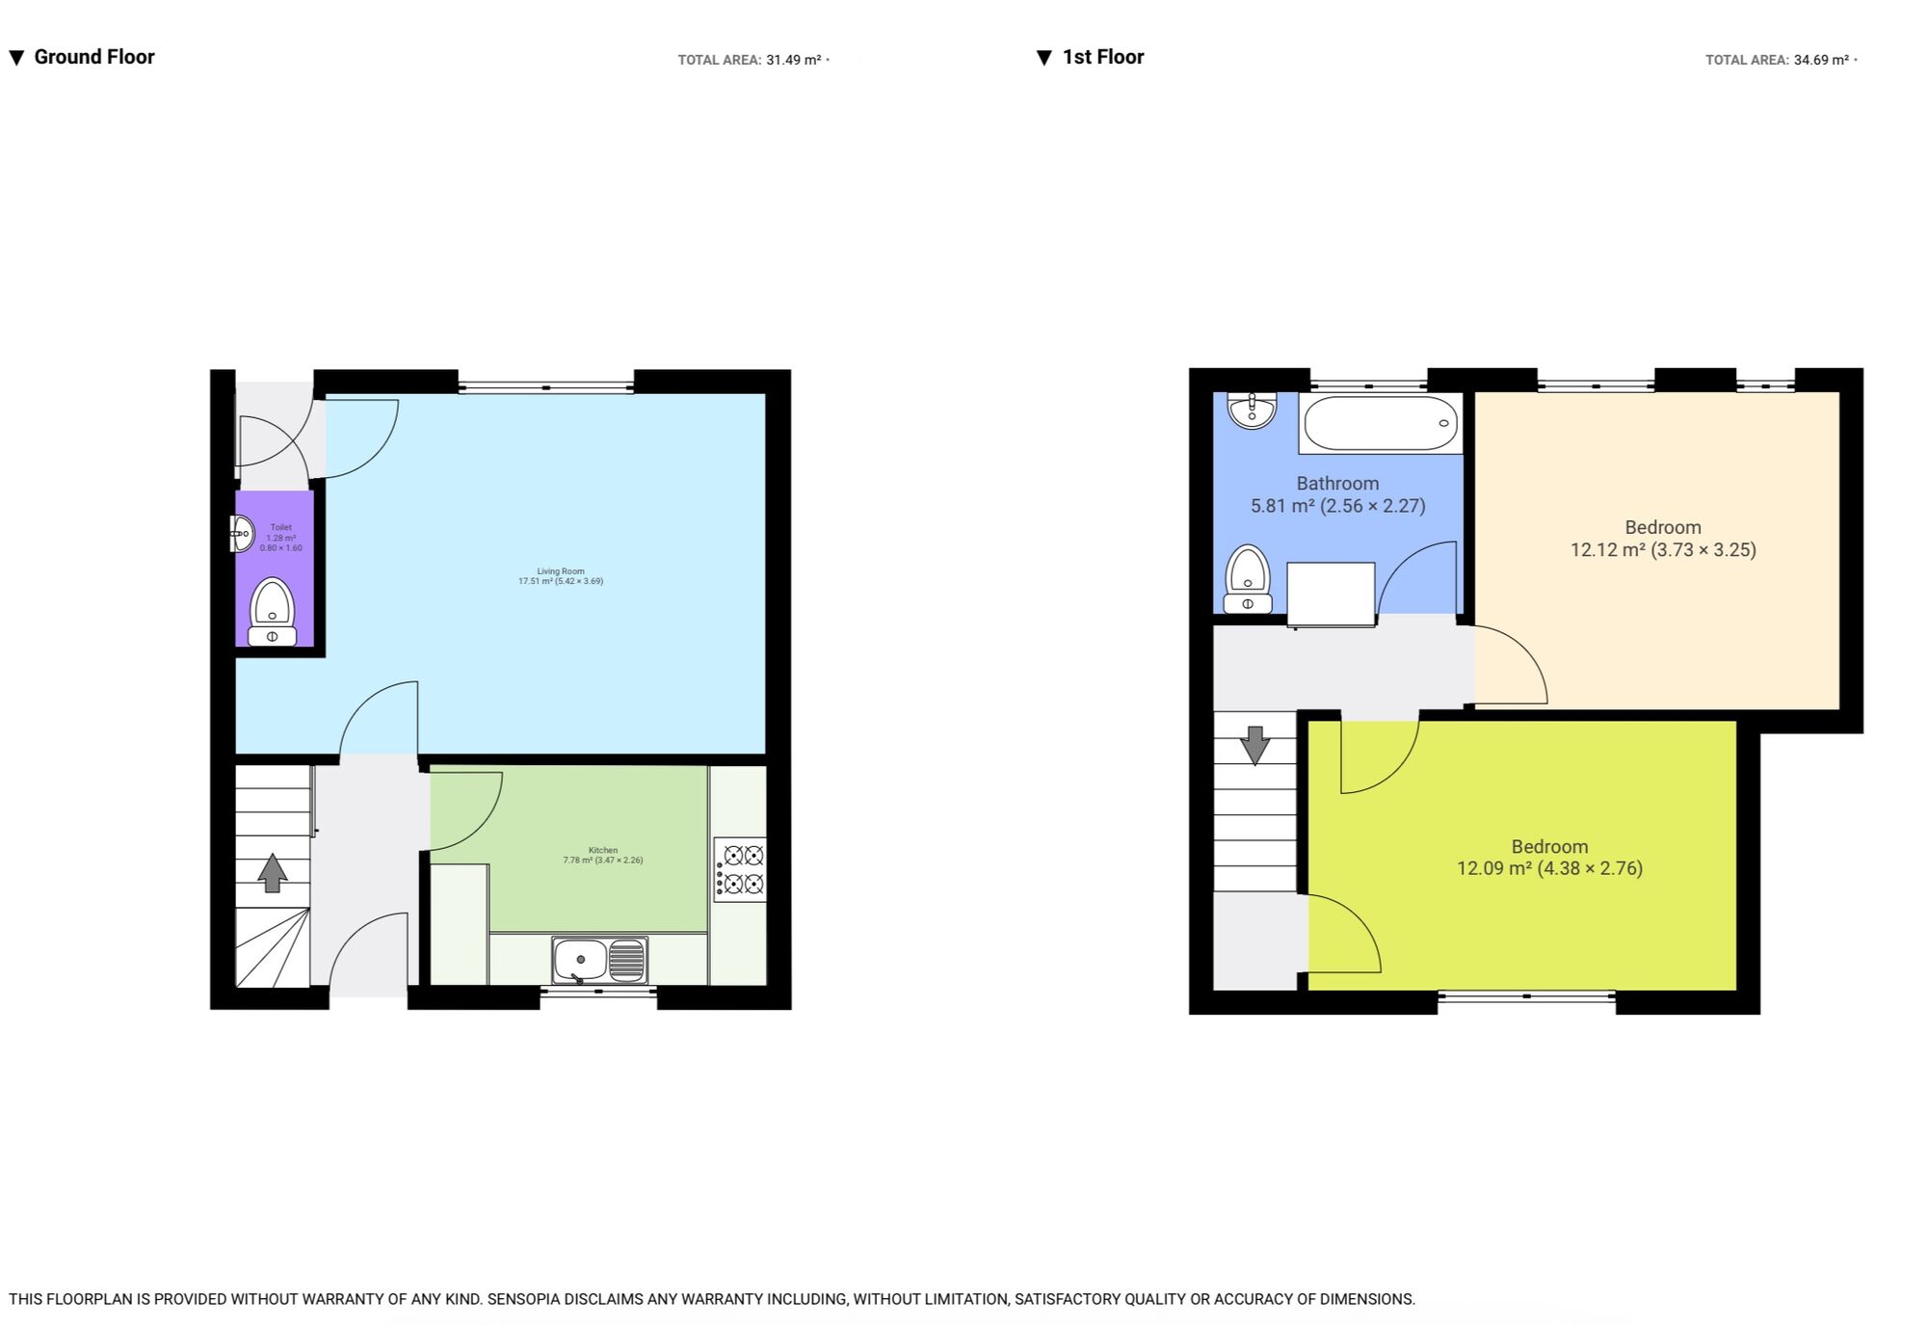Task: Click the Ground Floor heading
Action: coord(93,57)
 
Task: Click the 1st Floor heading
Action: coord(1102,57)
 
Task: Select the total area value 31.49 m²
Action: coord(793,60)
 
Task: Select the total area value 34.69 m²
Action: coord(1821,60)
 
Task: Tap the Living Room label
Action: coord(561,576)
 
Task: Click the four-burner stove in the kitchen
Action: coord(740,869)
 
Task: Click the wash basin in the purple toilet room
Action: coord(241,533)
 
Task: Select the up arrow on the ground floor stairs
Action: coord(273,873)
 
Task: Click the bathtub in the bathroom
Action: coord(1380,423)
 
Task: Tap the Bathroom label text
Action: coord(1337,484)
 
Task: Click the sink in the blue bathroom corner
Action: coord(1252,410)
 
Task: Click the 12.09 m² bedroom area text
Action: coord(1493,868)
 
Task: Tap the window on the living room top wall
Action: coord(545,387)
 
